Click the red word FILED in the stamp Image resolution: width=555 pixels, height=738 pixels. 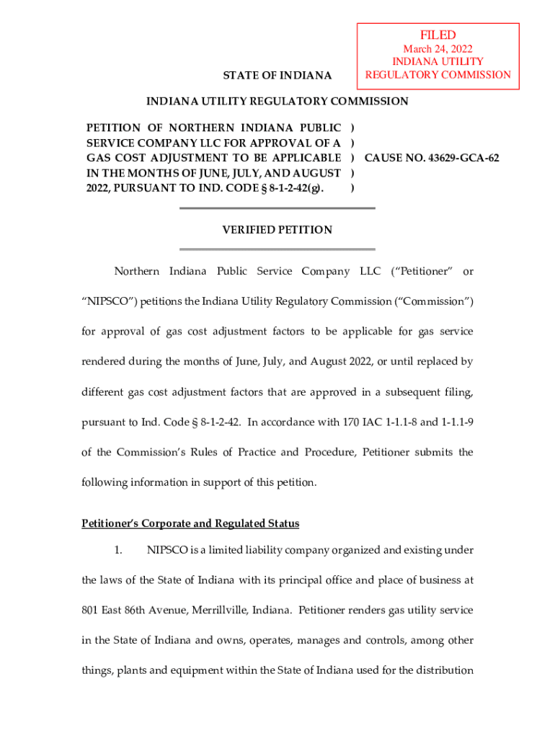click(438, 35)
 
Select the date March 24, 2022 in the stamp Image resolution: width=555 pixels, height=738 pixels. click(438, 49)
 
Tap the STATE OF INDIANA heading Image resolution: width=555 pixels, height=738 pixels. click(277, 76)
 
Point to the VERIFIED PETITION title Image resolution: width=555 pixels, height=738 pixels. click(277, 230)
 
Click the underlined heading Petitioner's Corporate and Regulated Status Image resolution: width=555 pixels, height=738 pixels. click(190, 523)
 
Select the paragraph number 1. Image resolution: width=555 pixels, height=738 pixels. click(120, 551)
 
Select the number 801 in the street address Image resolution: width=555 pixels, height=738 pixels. click(91, 610)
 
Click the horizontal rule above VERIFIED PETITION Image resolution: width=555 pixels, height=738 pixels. click(277, 208)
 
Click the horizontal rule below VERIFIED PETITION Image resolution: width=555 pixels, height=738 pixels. click(277, 249)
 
